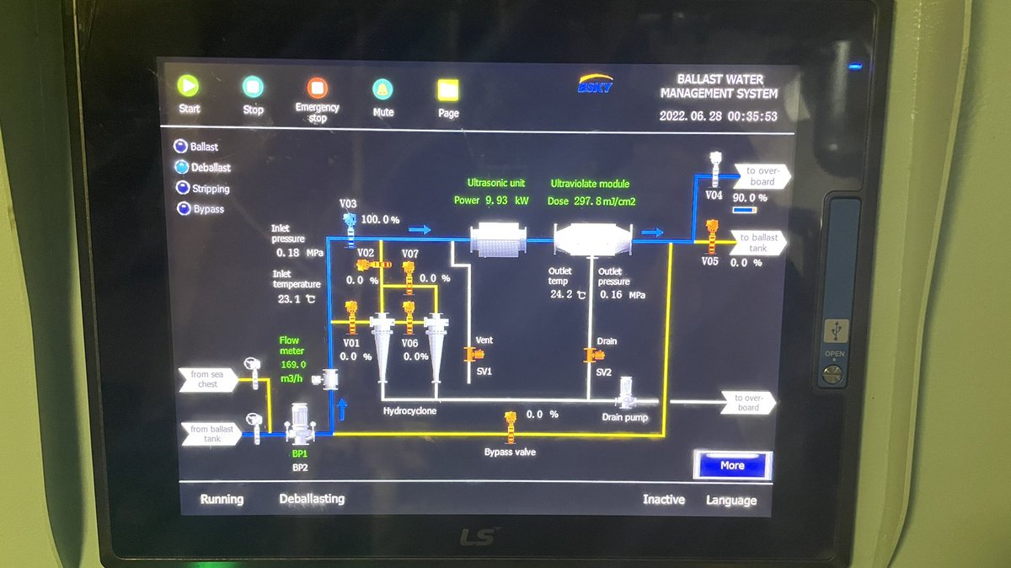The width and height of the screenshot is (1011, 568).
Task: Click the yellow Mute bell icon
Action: (x=382, y=88)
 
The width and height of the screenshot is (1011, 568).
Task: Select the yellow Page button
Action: (x=447, y=89)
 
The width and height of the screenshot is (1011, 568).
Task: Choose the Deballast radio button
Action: (x=181, y=167)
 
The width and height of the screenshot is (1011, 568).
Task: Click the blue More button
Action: (x=732, y=465)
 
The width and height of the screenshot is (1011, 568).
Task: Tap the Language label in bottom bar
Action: (x=730, y=500)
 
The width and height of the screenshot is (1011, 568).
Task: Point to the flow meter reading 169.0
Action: (x=292, y=364)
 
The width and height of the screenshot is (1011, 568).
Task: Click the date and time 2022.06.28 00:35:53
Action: (x=718, y=116)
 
